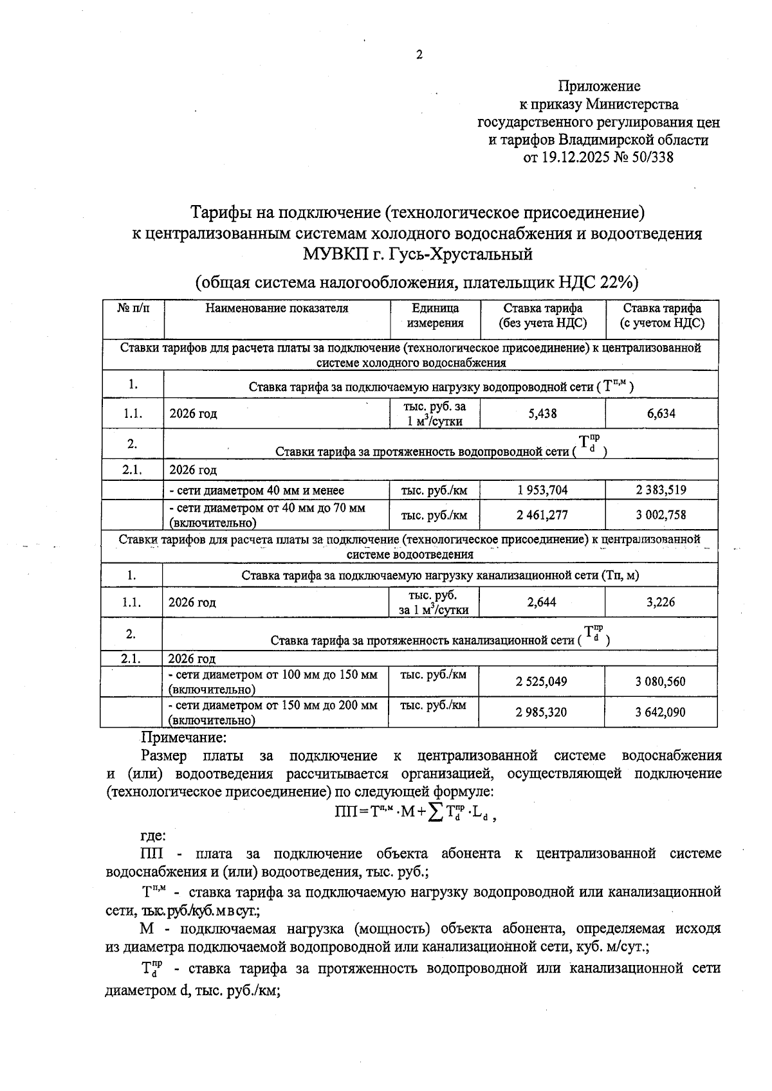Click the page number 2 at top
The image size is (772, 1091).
coord(419,55)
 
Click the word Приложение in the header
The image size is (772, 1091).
coord(598,86)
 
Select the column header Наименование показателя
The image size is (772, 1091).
coord(277,309)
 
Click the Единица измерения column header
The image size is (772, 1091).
coord(435,316)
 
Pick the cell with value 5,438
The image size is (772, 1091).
coord(542,413)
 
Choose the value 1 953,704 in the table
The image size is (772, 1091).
coord(542,491)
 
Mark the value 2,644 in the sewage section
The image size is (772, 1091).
coord(542,602)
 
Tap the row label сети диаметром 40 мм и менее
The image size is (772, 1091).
coord(256,491)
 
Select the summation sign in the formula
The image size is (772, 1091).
coord(436,813)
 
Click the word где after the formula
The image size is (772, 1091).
coord(153,836)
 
